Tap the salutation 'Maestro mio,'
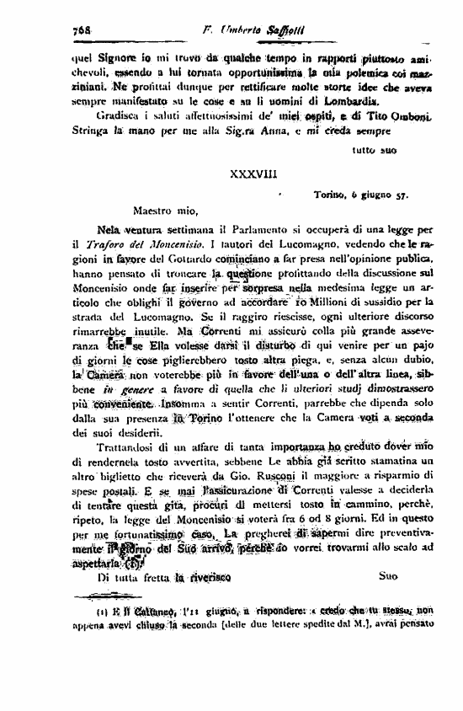[x=164, y=211]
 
